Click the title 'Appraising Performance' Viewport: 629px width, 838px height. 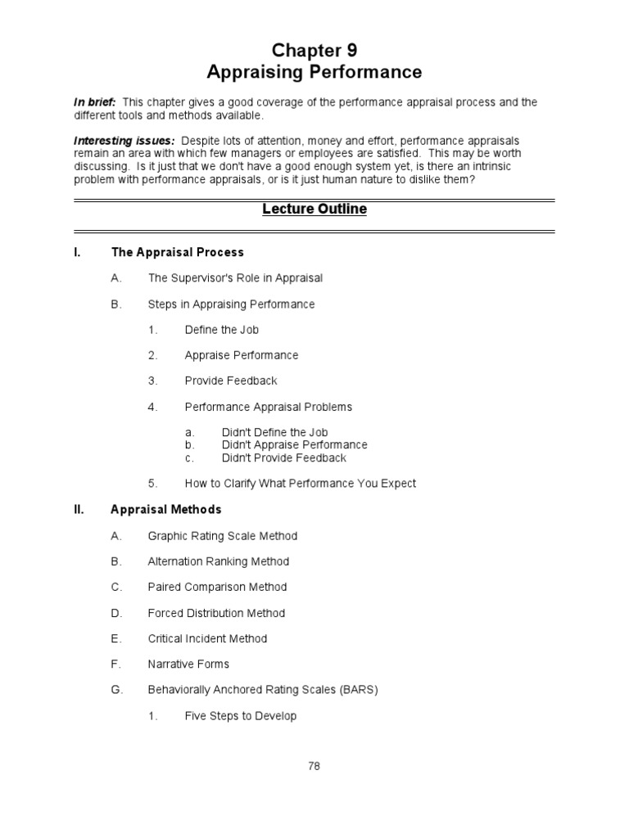coord(314,73)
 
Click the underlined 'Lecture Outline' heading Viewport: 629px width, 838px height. coord(314,209)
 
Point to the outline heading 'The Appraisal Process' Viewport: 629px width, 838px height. coord(177,252)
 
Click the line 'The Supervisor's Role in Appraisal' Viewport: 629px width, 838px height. coord(235,278)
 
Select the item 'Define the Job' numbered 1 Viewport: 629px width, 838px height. coord(222,330)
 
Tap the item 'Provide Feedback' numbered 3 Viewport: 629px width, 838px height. coord(231,381)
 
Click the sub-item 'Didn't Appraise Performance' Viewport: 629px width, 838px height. coord(294,445)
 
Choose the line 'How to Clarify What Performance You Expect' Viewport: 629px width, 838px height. coord(300,484)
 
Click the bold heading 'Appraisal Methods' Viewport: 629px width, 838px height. coord(165,509)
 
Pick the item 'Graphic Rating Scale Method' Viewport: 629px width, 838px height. coord(222,536)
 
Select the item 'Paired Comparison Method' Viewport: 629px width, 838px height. coord(217,587)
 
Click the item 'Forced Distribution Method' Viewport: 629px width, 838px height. coord(216,613)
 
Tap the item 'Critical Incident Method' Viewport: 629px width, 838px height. coord(207,638)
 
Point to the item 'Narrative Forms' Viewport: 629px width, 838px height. coord(188,664)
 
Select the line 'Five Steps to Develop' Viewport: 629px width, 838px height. coord(241,716)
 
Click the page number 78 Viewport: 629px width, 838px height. coord(314,767)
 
